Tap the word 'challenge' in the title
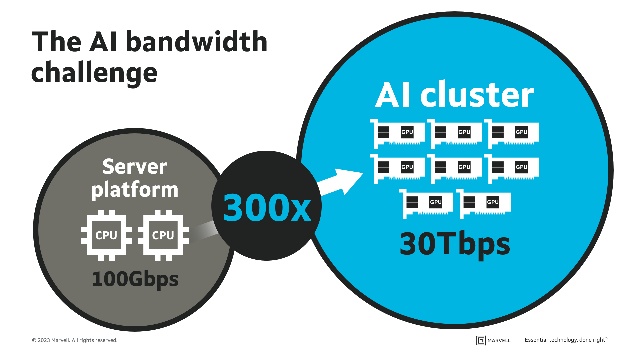click(94, 73)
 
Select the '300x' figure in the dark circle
click(267, 208)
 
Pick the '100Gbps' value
click(135, 279)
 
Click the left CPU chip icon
click(106, 235)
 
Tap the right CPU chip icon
click(163, 235)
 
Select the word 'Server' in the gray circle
click(135, 167)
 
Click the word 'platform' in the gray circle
click(135, 190)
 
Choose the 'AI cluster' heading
click(455, 96)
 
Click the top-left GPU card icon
click(398, 133)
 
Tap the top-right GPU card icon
click(512, 133)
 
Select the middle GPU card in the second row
click(455, 168)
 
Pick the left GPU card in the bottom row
click(426, 203)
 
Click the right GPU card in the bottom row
click(483, 203)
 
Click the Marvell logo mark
click(480, 340)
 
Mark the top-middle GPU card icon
click(455, 133)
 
